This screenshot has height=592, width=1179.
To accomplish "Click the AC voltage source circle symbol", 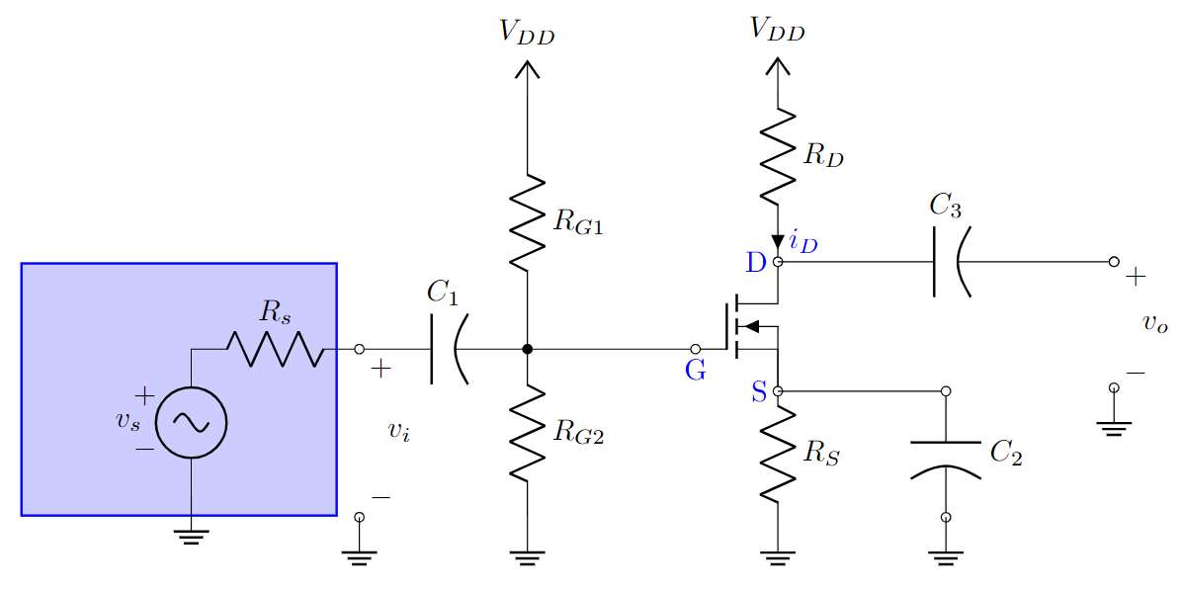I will [x=191, y=423].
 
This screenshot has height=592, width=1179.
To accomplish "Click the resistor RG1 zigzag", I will [x=528, y=223].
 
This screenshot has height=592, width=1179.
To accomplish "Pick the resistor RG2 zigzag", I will [x=528, y=432].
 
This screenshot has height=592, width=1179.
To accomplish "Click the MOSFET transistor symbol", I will [x=751, y=327].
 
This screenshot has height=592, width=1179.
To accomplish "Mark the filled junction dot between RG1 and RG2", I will [x=528, y=349].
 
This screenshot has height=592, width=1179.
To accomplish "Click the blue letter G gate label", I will [x=696, y=373].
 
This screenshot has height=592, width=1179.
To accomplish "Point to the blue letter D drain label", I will [x=756, y=262].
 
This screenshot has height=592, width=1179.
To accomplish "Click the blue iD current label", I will [x=803, y=243].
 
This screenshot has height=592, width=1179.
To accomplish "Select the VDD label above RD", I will [x=778, y=30].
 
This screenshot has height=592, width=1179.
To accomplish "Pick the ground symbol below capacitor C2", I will [x=946, y=558].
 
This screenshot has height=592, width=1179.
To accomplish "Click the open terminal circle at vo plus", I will [x=1114, y=262].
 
